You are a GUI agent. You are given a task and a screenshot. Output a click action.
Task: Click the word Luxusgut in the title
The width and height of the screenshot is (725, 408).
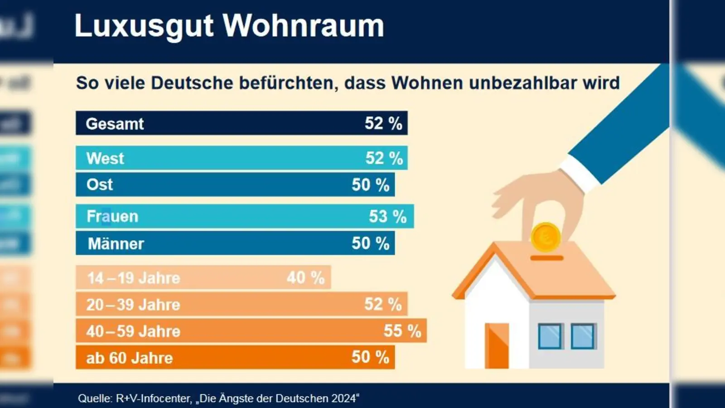point(144,26)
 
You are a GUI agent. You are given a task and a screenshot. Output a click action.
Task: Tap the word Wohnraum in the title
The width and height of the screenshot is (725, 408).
point(303,26)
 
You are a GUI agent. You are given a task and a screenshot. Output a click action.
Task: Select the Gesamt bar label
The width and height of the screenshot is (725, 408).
point(115,124)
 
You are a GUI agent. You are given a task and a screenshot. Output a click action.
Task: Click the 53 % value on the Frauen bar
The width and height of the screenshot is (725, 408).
point(387,216)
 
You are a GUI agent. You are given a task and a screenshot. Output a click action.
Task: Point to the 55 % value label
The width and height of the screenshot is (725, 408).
point(402,331)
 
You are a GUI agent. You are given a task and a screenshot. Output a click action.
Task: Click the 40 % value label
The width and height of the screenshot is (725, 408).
point(305,277)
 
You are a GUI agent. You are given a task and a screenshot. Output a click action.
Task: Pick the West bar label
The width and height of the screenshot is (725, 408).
point(105,159)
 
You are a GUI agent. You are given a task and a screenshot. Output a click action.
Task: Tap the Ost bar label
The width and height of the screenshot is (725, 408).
point(100,185)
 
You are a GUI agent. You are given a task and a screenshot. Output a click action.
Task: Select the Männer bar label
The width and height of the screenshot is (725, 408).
point(116,244)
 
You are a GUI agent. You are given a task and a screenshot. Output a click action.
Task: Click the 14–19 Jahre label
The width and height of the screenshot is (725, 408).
point(134,278)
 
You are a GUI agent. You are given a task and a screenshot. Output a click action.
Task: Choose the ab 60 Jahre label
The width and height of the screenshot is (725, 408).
point(130,358)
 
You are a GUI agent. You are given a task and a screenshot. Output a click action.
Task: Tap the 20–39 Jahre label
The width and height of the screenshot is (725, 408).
point(133,305)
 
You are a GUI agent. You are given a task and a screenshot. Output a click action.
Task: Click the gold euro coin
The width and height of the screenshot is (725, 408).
point(546,237)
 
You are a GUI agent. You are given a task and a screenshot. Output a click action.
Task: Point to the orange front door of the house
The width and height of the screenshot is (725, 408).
point(497,345)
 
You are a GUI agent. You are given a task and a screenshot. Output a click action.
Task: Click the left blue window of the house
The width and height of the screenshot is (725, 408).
point(550,336)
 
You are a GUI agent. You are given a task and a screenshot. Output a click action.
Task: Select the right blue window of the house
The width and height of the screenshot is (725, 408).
point(583,336)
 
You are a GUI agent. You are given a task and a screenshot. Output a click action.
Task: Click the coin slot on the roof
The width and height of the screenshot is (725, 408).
point(546,258)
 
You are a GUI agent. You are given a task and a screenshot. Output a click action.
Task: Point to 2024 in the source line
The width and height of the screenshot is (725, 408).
point(343,398)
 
